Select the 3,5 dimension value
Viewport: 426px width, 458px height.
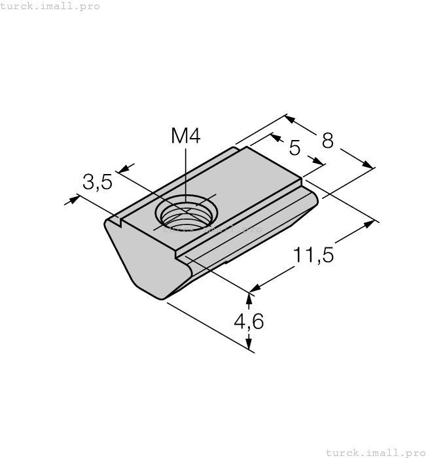point(97,183)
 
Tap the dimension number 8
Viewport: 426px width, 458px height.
point(327,140)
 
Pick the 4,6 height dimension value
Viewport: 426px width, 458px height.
point(249,322)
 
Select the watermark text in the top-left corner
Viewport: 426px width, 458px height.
point(50,6)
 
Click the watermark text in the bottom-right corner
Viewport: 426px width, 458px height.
point(375,452)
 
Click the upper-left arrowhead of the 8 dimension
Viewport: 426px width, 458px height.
point(289,120)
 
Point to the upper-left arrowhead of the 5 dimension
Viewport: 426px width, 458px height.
point(275,138)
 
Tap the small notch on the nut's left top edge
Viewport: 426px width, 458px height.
point(120,222)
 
